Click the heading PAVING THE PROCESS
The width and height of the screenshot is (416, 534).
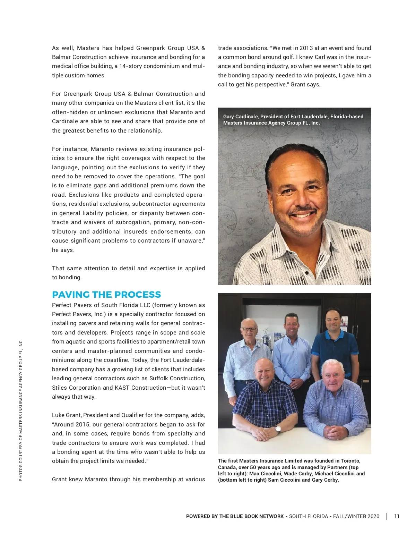pos(106,295)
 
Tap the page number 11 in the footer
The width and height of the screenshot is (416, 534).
pos(397,516)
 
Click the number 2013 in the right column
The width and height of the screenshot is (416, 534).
pos(306,48)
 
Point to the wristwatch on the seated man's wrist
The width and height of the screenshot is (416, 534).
pos(278,429)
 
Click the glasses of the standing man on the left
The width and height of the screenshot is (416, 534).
pos(249,329)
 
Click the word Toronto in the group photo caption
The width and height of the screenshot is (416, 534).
pos(350,461)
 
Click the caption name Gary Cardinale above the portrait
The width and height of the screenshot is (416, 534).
pos(241,117)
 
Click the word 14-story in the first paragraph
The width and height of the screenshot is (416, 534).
pos(130,66)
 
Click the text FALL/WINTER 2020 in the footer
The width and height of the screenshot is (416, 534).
pos(356,516)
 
